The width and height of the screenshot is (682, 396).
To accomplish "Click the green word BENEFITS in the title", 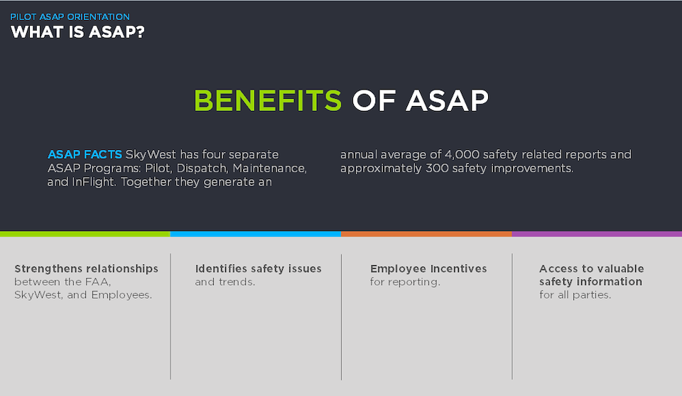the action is (268, 100).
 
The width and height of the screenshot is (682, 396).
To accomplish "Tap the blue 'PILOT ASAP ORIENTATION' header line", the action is (70, 17).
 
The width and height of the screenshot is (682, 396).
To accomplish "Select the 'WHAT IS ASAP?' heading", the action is (77, 32).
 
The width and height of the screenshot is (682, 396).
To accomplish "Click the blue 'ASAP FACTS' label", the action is (85, 154).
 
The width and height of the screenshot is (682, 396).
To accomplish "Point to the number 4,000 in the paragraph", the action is (462, 155).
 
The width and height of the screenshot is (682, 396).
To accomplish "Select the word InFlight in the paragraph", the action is (94, 182).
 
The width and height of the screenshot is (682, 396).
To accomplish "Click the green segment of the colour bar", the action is (85, 234).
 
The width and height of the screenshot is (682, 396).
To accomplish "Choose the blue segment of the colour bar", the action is (256, 234).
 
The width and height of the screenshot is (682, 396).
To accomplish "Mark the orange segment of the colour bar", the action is (426, 234).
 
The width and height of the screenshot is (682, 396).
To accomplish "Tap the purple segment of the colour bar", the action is (597, 234).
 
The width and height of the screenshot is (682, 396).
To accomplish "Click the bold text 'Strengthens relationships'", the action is (86, 269).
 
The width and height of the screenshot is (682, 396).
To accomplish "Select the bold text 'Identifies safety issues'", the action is (259, 269).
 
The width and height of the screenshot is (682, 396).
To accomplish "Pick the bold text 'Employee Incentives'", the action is (428, 269).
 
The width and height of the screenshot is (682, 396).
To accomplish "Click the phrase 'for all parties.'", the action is (575, 295).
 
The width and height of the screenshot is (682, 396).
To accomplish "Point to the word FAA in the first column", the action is (100, 282).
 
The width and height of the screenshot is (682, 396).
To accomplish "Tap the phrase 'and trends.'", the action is (225, 282).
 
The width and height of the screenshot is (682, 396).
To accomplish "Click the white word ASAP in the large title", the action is (447, 100).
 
